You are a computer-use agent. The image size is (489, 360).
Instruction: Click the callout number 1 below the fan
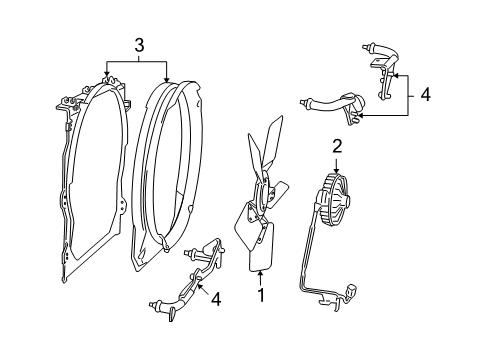coord(262,296)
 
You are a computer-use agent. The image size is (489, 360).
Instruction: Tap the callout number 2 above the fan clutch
coord(337,146)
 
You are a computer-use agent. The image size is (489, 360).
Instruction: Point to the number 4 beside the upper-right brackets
coord(425,95)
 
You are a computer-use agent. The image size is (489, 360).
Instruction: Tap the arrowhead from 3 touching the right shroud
coord(167,79)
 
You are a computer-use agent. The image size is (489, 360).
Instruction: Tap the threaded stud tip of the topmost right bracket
coord(356,48)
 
